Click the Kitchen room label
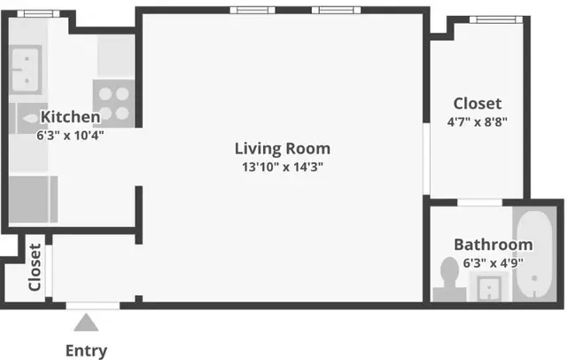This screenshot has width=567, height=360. tap(70, 116)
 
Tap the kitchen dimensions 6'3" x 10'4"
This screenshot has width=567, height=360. tap(70, 137)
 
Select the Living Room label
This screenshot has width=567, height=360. tap(282, 148)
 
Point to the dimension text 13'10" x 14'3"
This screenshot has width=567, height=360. tap(282, 167)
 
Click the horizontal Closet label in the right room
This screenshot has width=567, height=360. tap(477, 104)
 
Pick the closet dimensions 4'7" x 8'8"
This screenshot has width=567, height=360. tap(477, 122)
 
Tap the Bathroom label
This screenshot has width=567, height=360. tap(493, 245)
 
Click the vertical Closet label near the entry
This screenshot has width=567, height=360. tap(35, 268)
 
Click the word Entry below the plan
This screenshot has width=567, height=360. tap(86, 350)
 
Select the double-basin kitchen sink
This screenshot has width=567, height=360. tap(29, 68)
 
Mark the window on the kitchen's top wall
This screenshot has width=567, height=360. tap(35, 14)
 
